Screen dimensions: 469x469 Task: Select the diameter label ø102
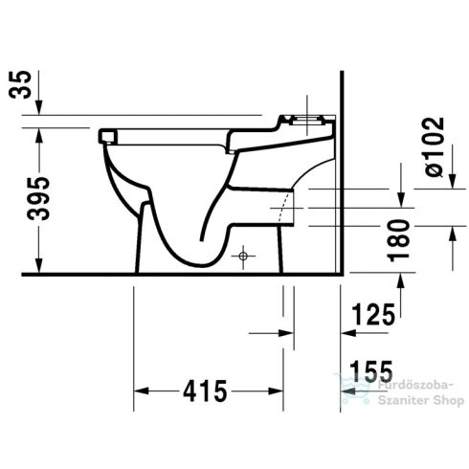pos(434,145)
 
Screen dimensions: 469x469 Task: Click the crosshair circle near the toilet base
pos(244,257)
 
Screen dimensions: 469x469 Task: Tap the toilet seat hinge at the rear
pos(304,121)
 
